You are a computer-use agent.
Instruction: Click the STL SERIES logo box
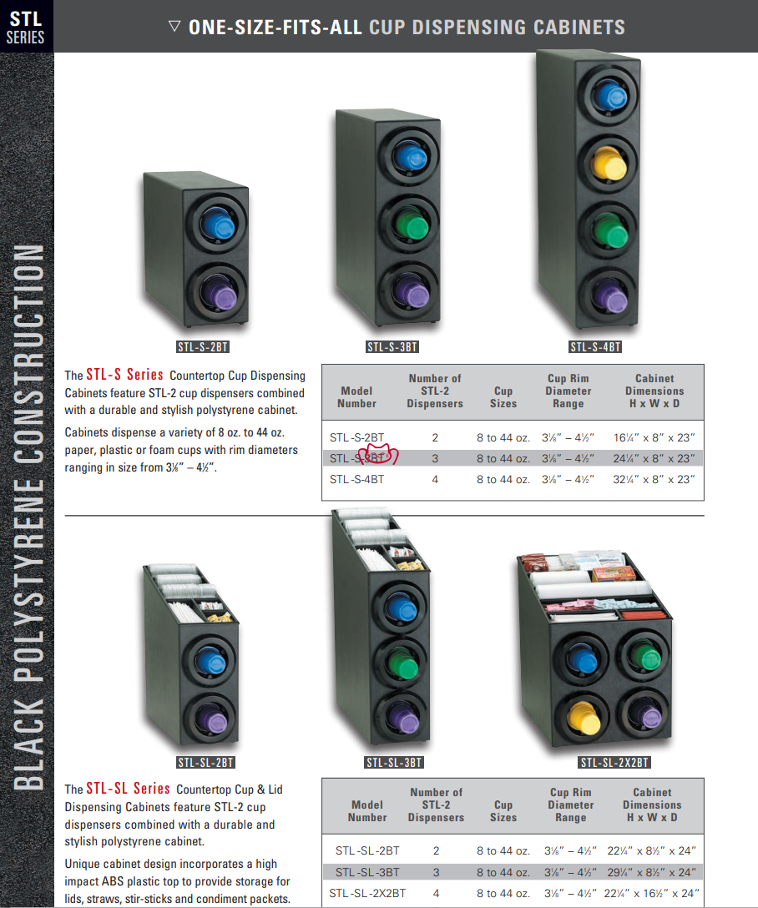27,26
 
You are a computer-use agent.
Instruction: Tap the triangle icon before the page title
174,26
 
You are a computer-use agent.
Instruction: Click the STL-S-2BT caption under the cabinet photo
203,347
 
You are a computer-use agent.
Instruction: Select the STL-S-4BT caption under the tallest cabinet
595,347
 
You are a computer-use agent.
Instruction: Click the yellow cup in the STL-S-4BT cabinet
609,164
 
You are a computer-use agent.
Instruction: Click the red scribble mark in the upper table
378,454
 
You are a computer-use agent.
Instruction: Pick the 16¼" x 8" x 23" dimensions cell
654,438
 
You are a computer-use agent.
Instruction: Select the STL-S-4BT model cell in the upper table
356,480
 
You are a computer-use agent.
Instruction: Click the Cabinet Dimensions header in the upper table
654,391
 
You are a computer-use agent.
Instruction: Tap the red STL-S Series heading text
124,375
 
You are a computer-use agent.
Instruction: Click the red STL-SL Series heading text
128,788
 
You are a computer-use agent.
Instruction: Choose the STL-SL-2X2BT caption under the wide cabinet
614,763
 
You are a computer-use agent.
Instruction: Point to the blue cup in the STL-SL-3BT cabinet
400,608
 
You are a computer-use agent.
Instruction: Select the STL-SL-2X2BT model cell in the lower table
367,894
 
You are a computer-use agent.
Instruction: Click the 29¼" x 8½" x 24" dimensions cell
651,872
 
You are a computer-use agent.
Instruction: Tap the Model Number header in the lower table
367,810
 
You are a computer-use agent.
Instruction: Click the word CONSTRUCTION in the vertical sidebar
29,353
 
